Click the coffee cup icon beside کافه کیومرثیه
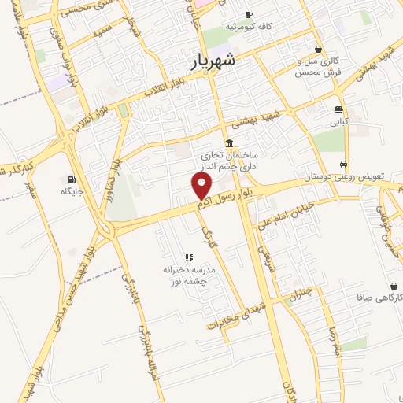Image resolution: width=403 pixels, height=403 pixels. tap(249, 15)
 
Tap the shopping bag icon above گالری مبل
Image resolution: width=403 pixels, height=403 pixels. tap(318, 49)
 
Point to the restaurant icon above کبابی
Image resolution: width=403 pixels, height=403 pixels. tap(338, 109)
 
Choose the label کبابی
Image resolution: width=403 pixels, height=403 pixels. tap(338, 122)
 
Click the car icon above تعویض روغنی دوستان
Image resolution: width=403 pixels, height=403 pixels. tap(344, 164)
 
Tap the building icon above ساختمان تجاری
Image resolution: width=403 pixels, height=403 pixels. tap(228, 142)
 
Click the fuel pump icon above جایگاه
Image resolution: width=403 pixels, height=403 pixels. tap(72, 178)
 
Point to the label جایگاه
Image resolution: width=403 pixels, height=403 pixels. tap(72, 190)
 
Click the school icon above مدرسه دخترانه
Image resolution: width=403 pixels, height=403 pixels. tap(188, 257)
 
